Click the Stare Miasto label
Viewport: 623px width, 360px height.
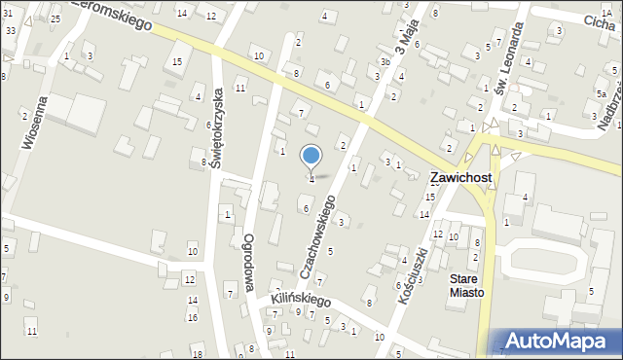(x=463, y=285)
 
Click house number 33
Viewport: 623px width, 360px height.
(x=10, y=31)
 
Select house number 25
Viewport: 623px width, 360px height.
(x=55, y=19)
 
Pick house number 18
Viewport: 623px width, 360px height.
(x=198, y=353)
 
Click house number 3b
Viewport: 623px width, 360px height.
(x=385, y=62)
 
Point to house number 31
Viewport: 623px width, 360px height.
(x=7, y=13)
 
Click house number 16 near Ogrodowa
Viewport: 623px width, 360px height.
(x=193, y=317)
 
